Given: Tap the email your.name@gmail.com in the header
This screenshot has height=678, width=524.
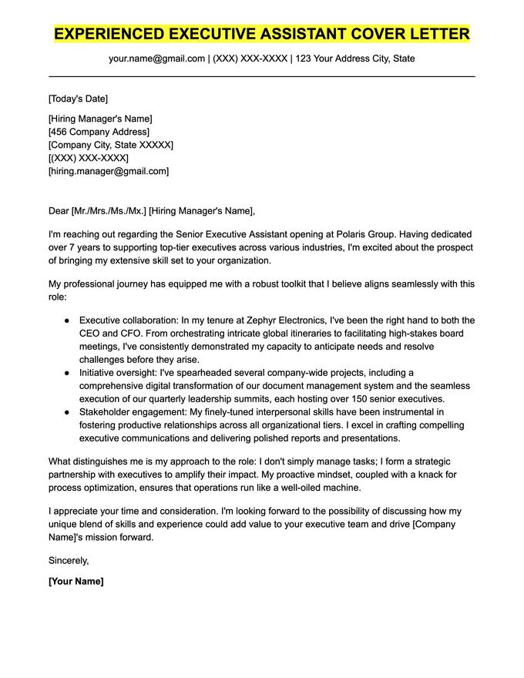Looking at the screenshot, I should point(156,59).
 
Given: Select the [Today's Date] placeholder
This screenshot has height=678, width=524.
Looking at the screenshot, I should point(78,99).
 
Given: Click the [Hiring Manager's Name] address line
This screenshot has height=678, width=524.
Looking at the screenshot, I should point(100,119).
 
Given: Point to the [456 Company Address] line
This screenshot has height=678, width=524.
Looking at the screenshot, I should point(99,132).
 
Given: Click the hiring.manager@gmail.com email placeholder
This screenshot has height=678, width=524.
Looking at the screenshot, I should point(109,171).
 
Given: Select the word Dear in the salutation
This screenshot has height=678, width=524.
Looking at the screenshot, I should point(58,210).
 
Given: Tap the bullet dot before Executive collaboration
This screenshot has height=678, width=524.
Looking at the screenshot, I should point(67,320).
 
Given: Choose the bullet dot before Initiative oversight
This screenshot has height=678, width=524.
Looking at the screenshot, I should point(67,373).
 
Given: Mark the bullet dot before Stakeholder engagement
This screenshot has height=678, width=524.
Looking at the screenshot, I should point(67,412).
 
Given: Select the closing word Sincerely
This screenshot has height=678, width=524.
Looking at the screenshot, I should point(69,560).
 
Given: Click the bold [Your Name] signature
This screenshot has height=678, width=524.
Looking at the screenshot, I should point(76,581).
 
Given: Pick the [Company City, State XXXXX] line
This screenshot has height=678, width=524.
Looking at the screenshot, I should point(110,145).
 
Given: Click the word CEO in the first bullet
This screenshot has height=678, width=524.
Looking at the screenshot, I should point(89,333).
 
